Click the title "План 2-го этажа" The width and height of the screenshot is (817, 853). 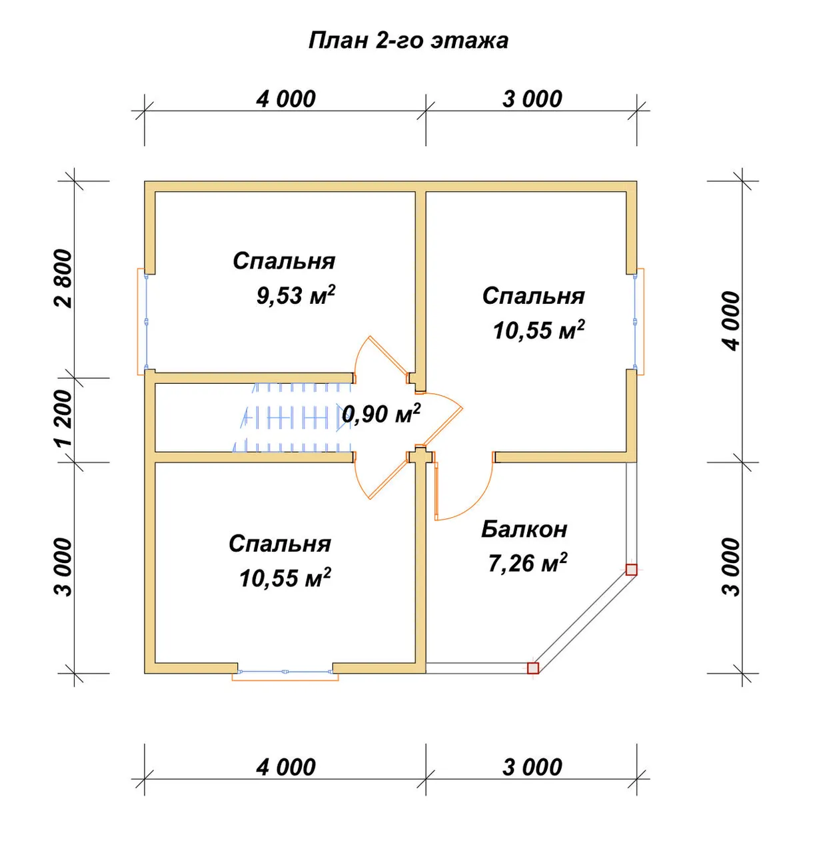(x=408, y=41)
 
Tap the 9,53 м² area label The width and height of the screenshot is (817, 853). (x=295, y=295)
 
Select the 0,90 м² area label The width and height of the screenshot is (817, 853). (x=381, y=413)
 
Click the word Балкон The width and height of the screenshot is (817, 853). (x=524, y=529)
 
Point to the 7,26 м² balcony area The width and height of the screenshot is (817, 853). (x=527, y=563)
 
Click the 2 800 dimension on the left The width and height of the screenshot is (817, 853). (x=63, y=279)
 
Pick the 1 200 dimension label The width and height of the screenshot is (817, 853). (x=63, y=419)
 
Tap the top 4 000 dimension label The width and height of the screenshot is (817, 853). (x=286, y=99)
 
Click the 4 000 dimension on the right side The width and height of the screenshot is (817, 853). (x=730, y=321)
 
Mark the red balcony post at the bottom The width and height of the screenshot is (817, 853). (x=533, y=668)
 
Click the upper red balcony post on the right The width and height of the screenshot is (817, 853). (x=631, y=570)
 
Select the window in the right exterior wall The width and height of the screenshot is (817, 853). (x=638, y=321)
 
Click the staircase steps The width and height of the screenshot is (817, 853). (x=293, y=417)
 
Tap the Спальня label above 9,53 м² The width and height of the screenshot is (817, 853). (x=284, y=261)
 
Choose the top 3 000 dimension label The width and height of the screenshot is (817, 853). (x=532, y=99)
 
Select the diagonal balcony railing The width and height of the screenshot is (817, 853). (x=582, y=619)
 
